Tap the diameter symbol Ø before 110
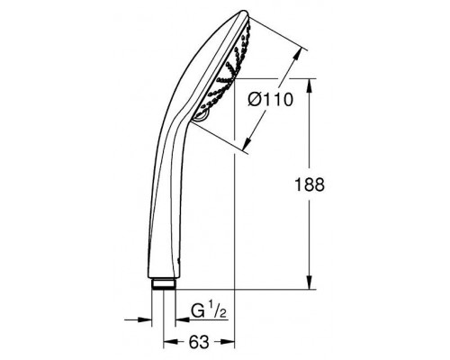click(255, 99)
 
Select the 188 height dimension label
click(310, 184)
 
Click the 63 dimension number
click(199, 342)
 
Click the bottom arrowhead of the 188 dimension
click(310, 283)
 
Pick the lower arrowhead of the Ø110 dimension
click(247, 144)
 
